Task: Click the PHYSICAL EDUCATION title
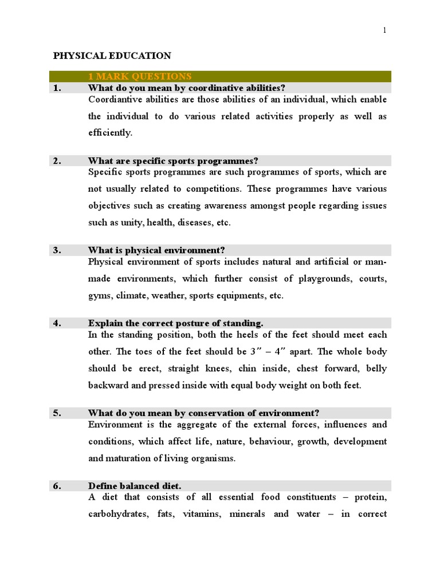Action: click(x=112, y=56)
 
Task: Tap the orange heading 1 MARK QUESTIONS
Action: click(x=140, y=77)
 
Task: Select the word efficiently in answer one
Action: click(x=110, y=133)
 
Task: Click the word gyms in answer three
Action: click(x=100, y=296)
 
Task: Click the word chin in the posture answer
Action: click(x=247, y=369)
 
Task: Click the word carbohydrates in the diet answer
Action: click(x=118, y=514)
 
